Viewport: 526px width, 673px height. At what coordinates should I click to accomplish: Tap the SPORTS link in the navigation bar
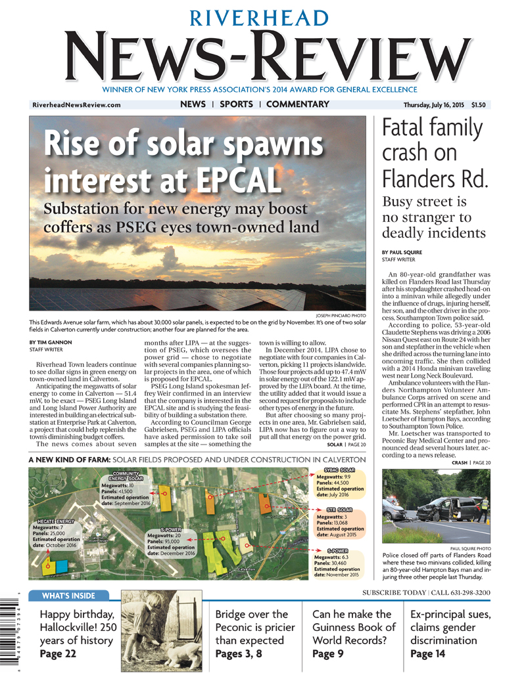[x=236, y=104]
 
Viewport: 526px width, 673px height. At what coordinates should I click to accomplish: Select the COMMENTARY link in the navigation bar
[x=298, y=104]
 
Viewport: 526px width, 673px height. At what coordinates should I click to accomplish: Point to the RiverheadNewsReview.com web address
[x=76, y=105]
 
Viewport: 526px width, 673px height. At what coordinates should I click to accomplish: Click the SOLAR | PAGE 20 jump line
[x=346, y=445]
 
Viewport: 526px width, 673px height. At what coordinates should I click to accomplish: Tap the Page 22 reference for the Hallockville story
[x=59, y=654]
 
